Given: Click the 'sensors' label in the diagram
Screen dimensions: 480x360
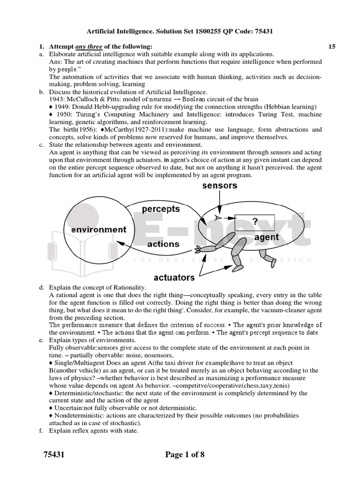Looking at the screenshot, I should [219, 186].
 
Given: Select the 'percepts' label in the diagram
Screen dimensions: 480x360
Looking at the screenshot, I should [161, 209].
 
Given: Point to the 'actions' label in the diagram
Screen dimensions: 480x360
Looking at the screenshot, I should [163, 244].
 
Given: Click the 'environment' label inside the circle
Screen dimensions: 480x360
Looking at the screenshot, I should [98, 229].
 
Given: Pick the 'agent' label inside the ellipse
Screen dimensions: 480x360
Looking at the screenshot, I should [266, 237].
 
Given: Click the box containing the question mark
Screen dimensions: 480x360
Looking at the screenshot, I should [255, 222].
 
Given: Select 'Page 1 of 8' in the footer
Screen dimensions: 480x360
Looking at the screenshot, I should [185, 454].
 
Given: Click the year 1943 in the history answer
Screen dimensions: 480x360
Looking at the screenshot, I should [57, 99].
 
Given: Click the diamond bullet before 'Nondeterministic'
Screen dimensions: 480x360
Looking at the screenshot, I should [51, 415].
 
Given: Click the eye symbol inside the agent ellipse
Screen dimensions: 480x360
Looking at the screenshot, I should [217, 217].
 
